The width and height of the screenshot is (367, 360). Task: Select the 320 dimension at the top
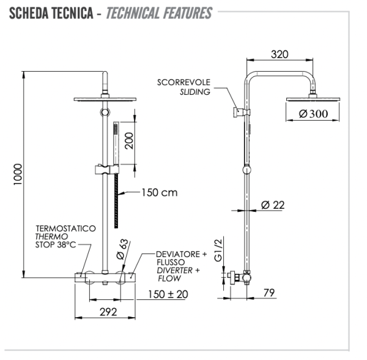coord(279,54)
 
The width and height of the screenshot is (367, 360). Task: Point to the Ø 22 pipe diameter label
coord(273,205)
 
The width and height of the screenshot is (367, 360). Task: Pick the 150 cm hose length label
coord(159,192)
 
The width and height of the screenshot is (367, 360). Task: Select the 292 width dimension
coord(108,312)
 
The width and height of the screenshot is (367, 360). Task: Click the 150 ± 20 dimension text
coord(167,294)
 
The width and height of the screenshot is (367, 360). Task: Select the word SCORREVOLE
coord(183,81)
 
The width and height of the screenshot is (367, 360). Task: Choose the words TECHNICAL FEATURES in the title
coord(159,13)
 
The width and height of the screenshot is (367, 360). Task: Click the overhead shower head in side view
coord(309,99)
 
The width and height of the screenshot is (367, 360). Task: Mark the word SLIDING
coord(195,91)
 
